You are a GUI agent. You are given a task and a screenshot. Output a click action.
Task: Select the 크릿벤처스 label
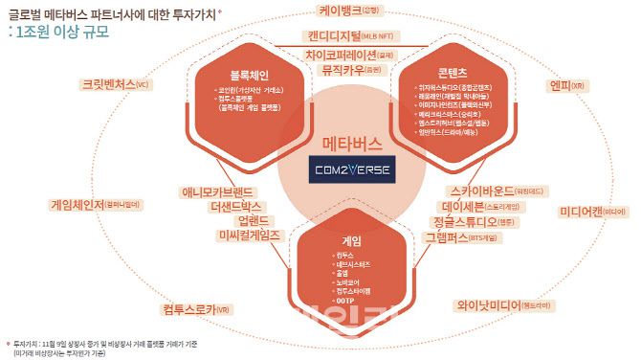coord(109,84)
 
